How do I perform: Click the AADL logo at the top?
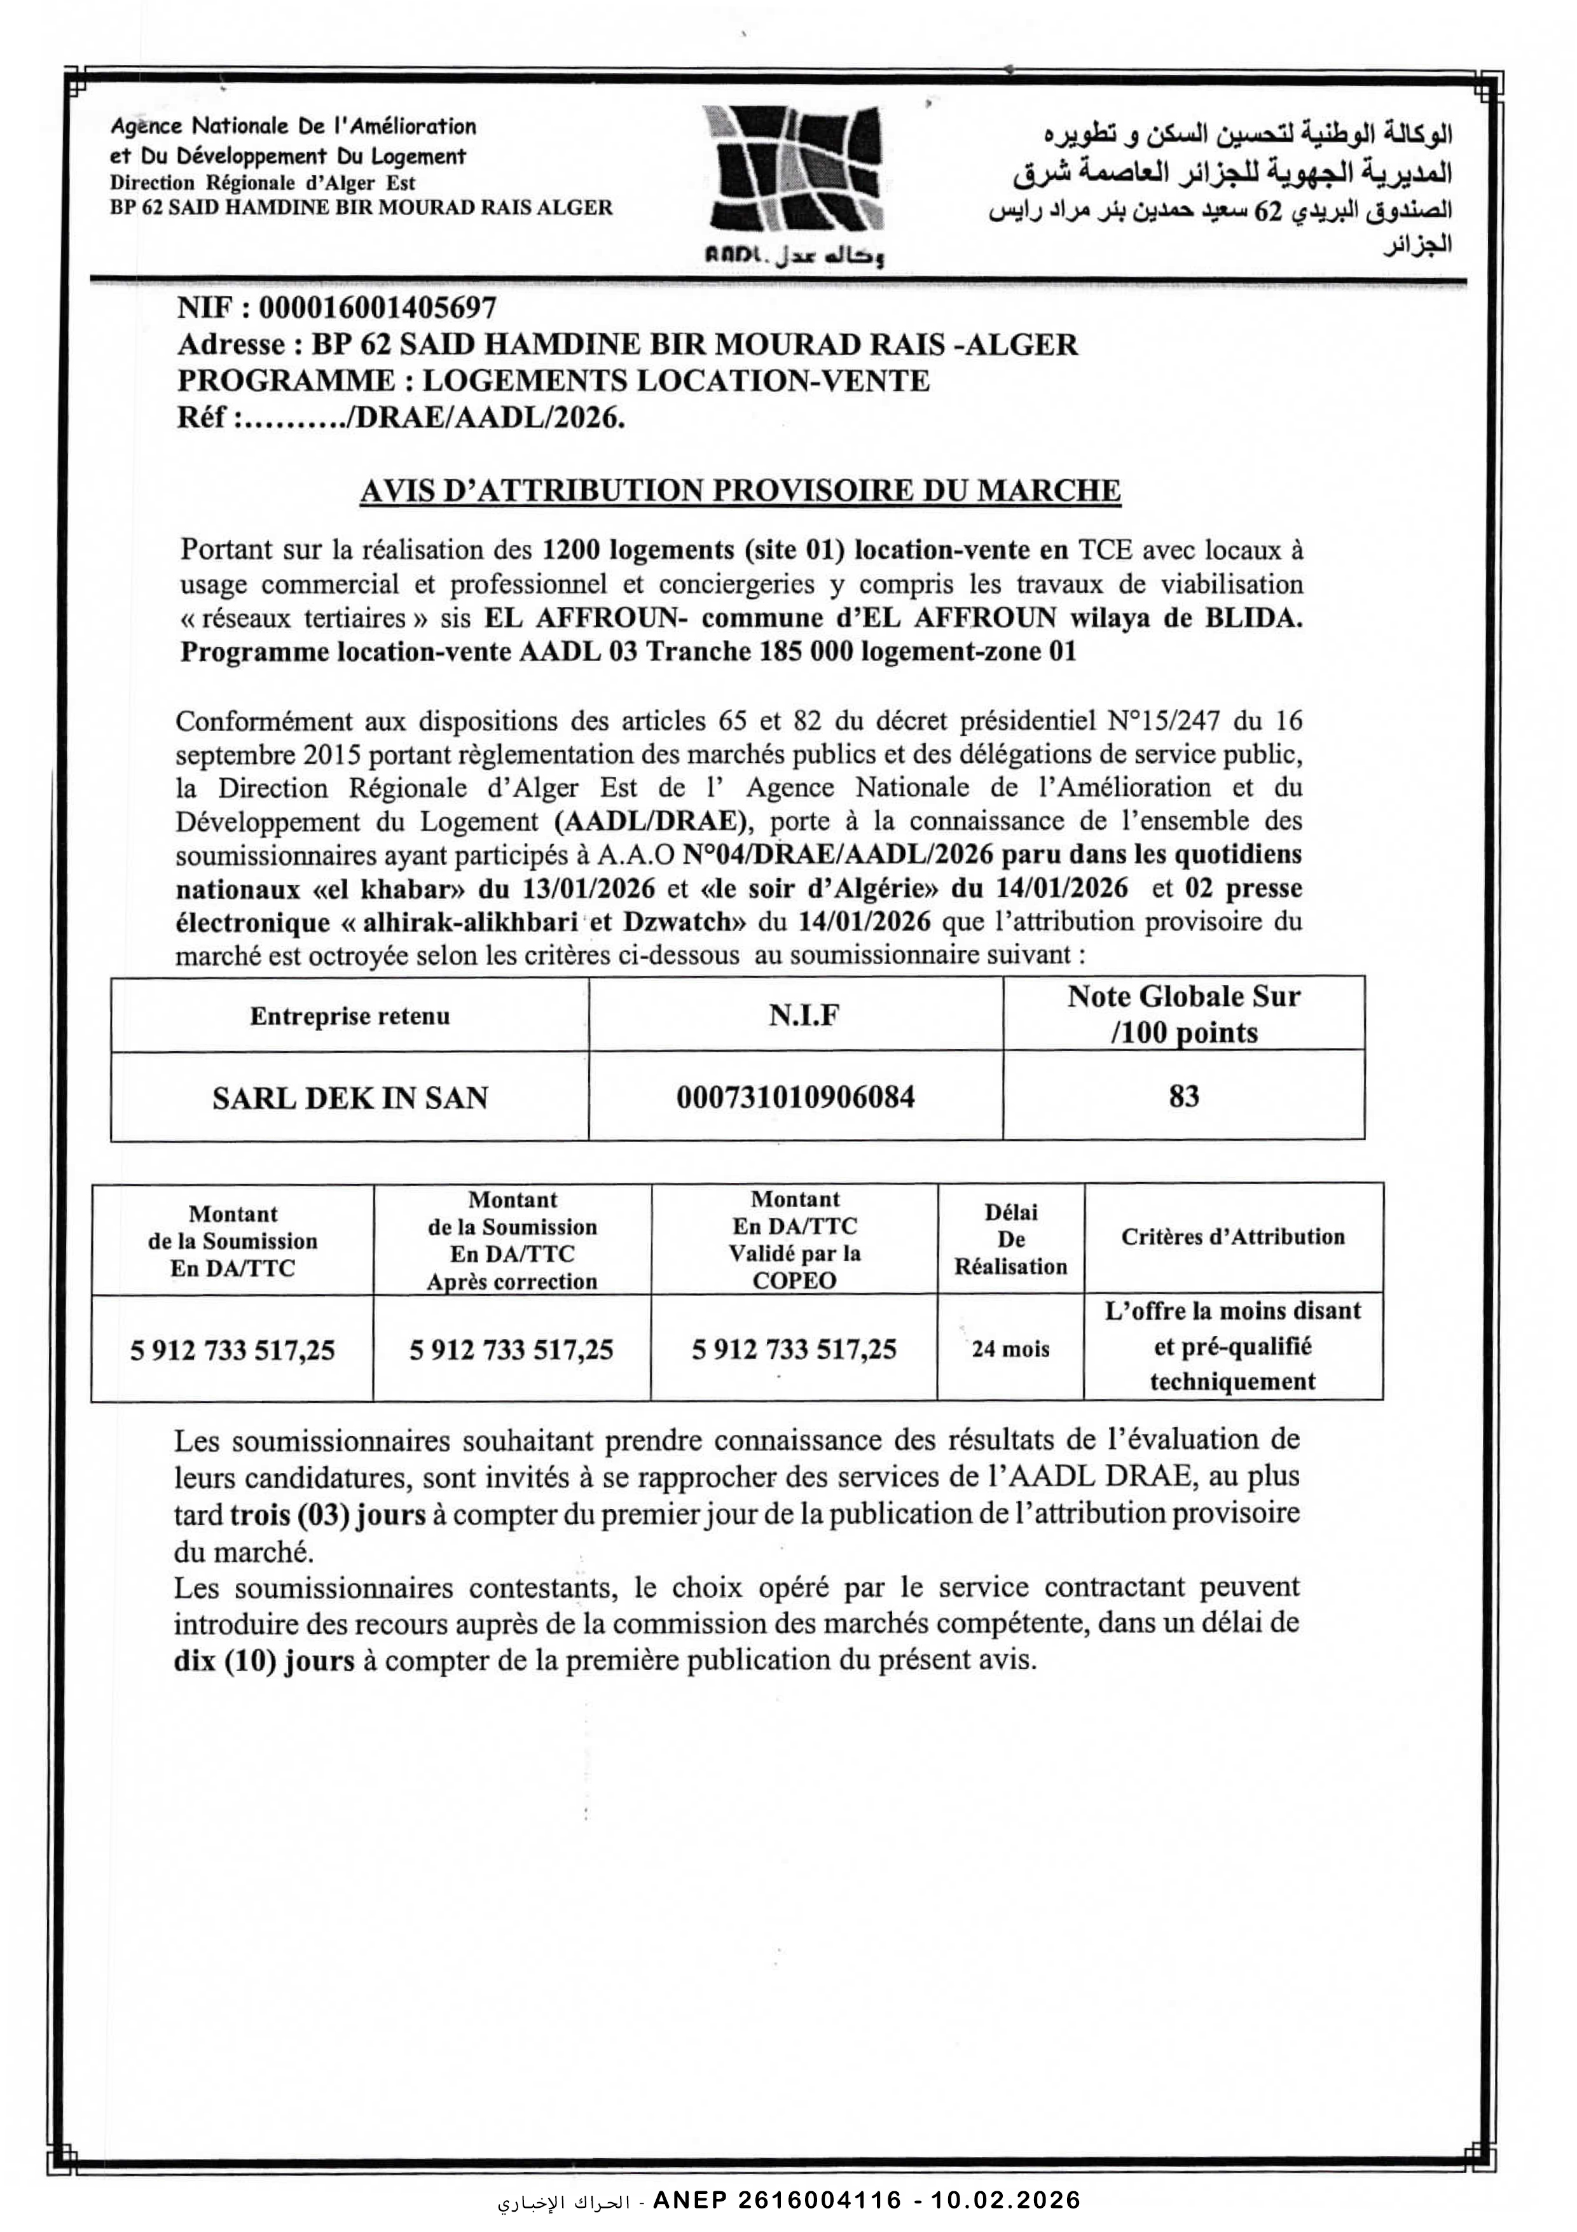tap(795, 183)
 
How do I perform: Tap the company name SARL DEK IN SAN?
tap(350, 1098)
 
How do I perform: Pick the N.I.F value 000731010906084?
tap(795, 1098)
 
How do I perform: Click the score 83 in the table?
tap(1183, 1096)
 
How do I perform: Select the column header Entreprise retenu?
tap(350, 1016)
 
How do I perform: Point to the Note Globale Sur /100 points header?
tap(1183, 1014)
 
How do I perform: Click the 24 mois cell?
tap(1010, 1348)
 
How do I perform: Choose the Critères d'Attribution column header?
tap(1233, 1236)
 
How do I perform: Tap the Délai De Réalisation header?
tap(1010, 1239)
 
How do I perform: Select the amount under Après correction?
tap(511, 1350)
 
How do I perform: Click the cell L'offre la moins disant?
tap(1233, 1311)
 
